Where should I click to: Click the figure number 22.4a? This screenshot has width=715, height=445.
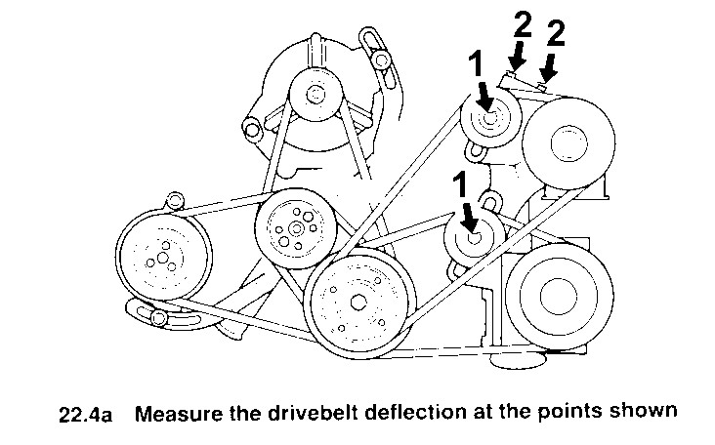coord(86,415)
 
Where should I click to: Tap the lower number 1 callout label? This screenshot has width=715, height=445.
coord(460,185)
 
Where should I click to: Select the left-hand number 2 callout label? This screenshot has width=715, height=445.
coord(523,24)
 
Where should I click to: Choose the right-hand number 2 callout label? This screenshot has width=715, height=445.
coord(556,33)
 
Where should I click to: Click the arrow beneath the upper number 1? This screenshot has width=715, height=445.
coord(485,96)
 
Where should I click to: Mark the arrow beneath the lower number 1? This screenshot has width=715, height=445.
coord(470,219)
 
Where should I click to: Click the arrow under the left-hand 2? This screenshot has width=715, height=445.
coord(517,56)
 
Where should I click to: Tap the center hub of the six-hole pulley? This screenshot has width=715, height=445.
coord(296,228)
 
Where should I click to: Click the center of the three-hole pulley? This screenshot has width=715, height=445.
coord(163,258)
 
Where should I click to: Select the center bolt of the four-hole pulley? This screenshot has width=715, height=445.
coord(358,302)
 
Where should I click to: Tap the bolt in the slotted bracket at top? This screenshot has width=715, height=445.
coord(381,60)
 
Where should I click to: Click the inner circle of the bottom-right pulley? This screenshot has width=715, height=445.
coord(559,296)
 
